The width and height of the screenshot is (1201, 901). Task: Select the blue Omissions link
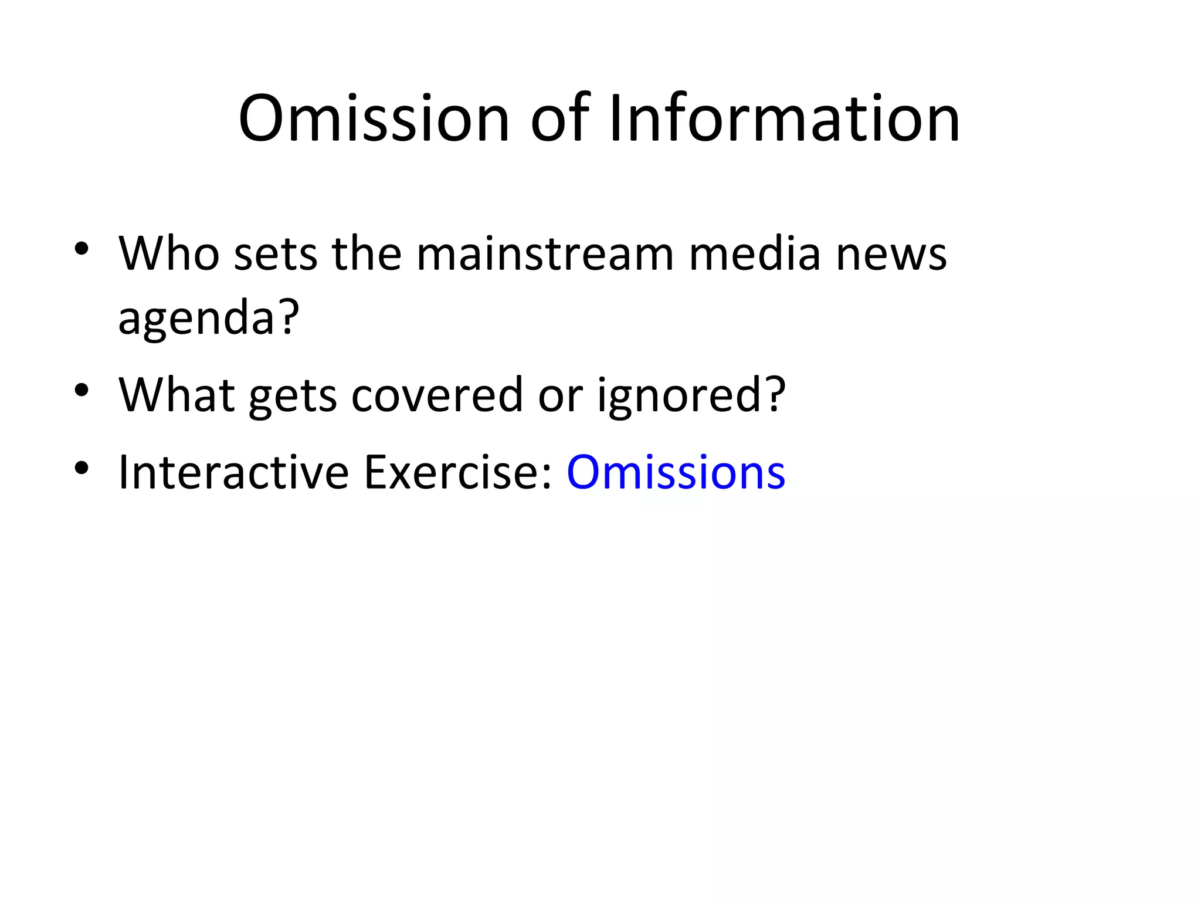pos(676,472)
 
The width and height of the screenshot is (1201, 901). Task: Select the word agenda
pos(196,318)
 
